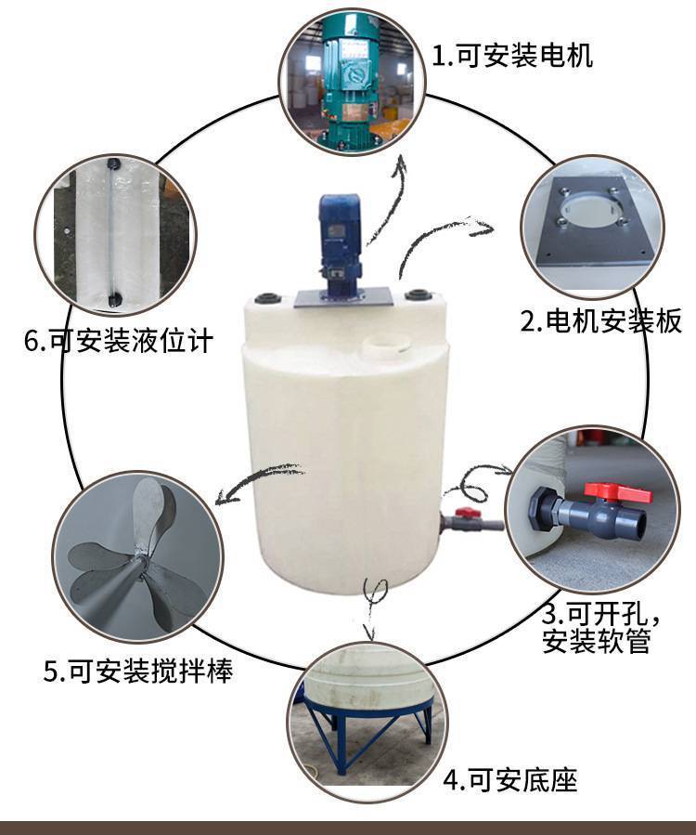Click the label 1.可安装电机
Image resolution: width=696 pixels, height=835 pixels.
click(512, 56)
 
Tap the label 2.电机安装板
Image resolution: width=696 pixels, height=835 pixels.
click(600, 320)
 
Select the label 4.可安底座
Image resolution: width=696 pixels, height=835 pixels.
click(510, 781)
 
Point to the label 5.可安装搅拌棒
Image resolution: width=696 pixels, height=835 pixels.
click(138, 671)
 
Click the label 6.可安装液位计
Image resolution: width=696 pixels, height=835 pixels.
click(119, 340)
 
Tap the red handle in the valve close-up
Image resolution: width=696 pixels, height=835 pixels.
click(617, 492)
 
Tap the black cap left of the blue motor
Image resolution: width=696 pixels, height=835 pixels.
click(267, 297)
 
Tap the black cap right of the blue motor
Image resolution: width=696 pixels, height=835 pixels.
click(418, 294)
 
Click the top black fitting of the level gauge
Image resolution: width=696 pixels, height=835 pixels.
click(111, 163)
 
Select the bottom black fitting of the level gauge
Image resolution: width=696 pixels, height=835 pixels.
click(114, 300)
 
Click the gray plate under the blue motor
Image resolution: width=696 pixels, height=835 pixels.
click(344, 297)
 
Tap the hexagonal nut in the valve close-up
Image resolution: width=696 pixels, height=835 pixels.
click(541, 511)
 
